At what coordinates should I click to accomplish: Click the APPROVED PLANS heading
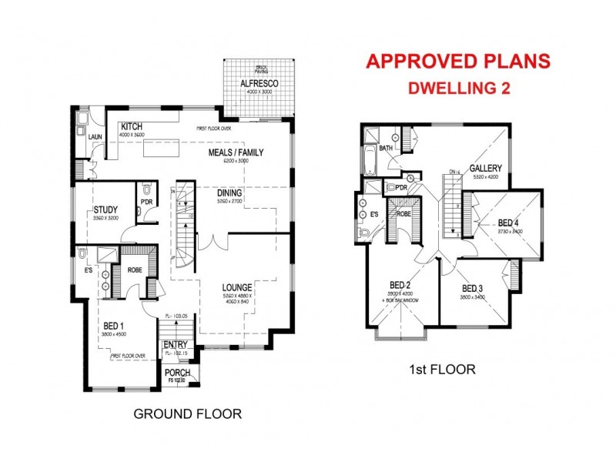coord(457,61)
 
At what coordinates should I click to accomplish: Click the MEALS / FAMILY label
coord(236,152)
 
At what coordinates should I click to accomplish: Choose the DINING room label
coord(230,194)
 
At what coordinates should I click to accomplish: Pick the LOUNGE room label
coord(238,287)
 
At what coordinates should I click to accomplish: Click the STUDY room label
coord(105,209)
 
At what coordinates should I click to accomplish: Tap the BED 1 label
coord(113,326)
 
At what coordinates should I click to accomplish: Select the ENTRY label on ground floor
coord(176,343)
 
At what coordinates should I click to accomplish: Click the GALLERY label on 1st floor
coord(485,169)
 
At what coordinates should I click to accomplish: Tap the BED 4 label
coord(509,223)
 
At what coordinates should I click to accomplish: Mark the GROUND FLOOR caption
coord(187,414)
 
